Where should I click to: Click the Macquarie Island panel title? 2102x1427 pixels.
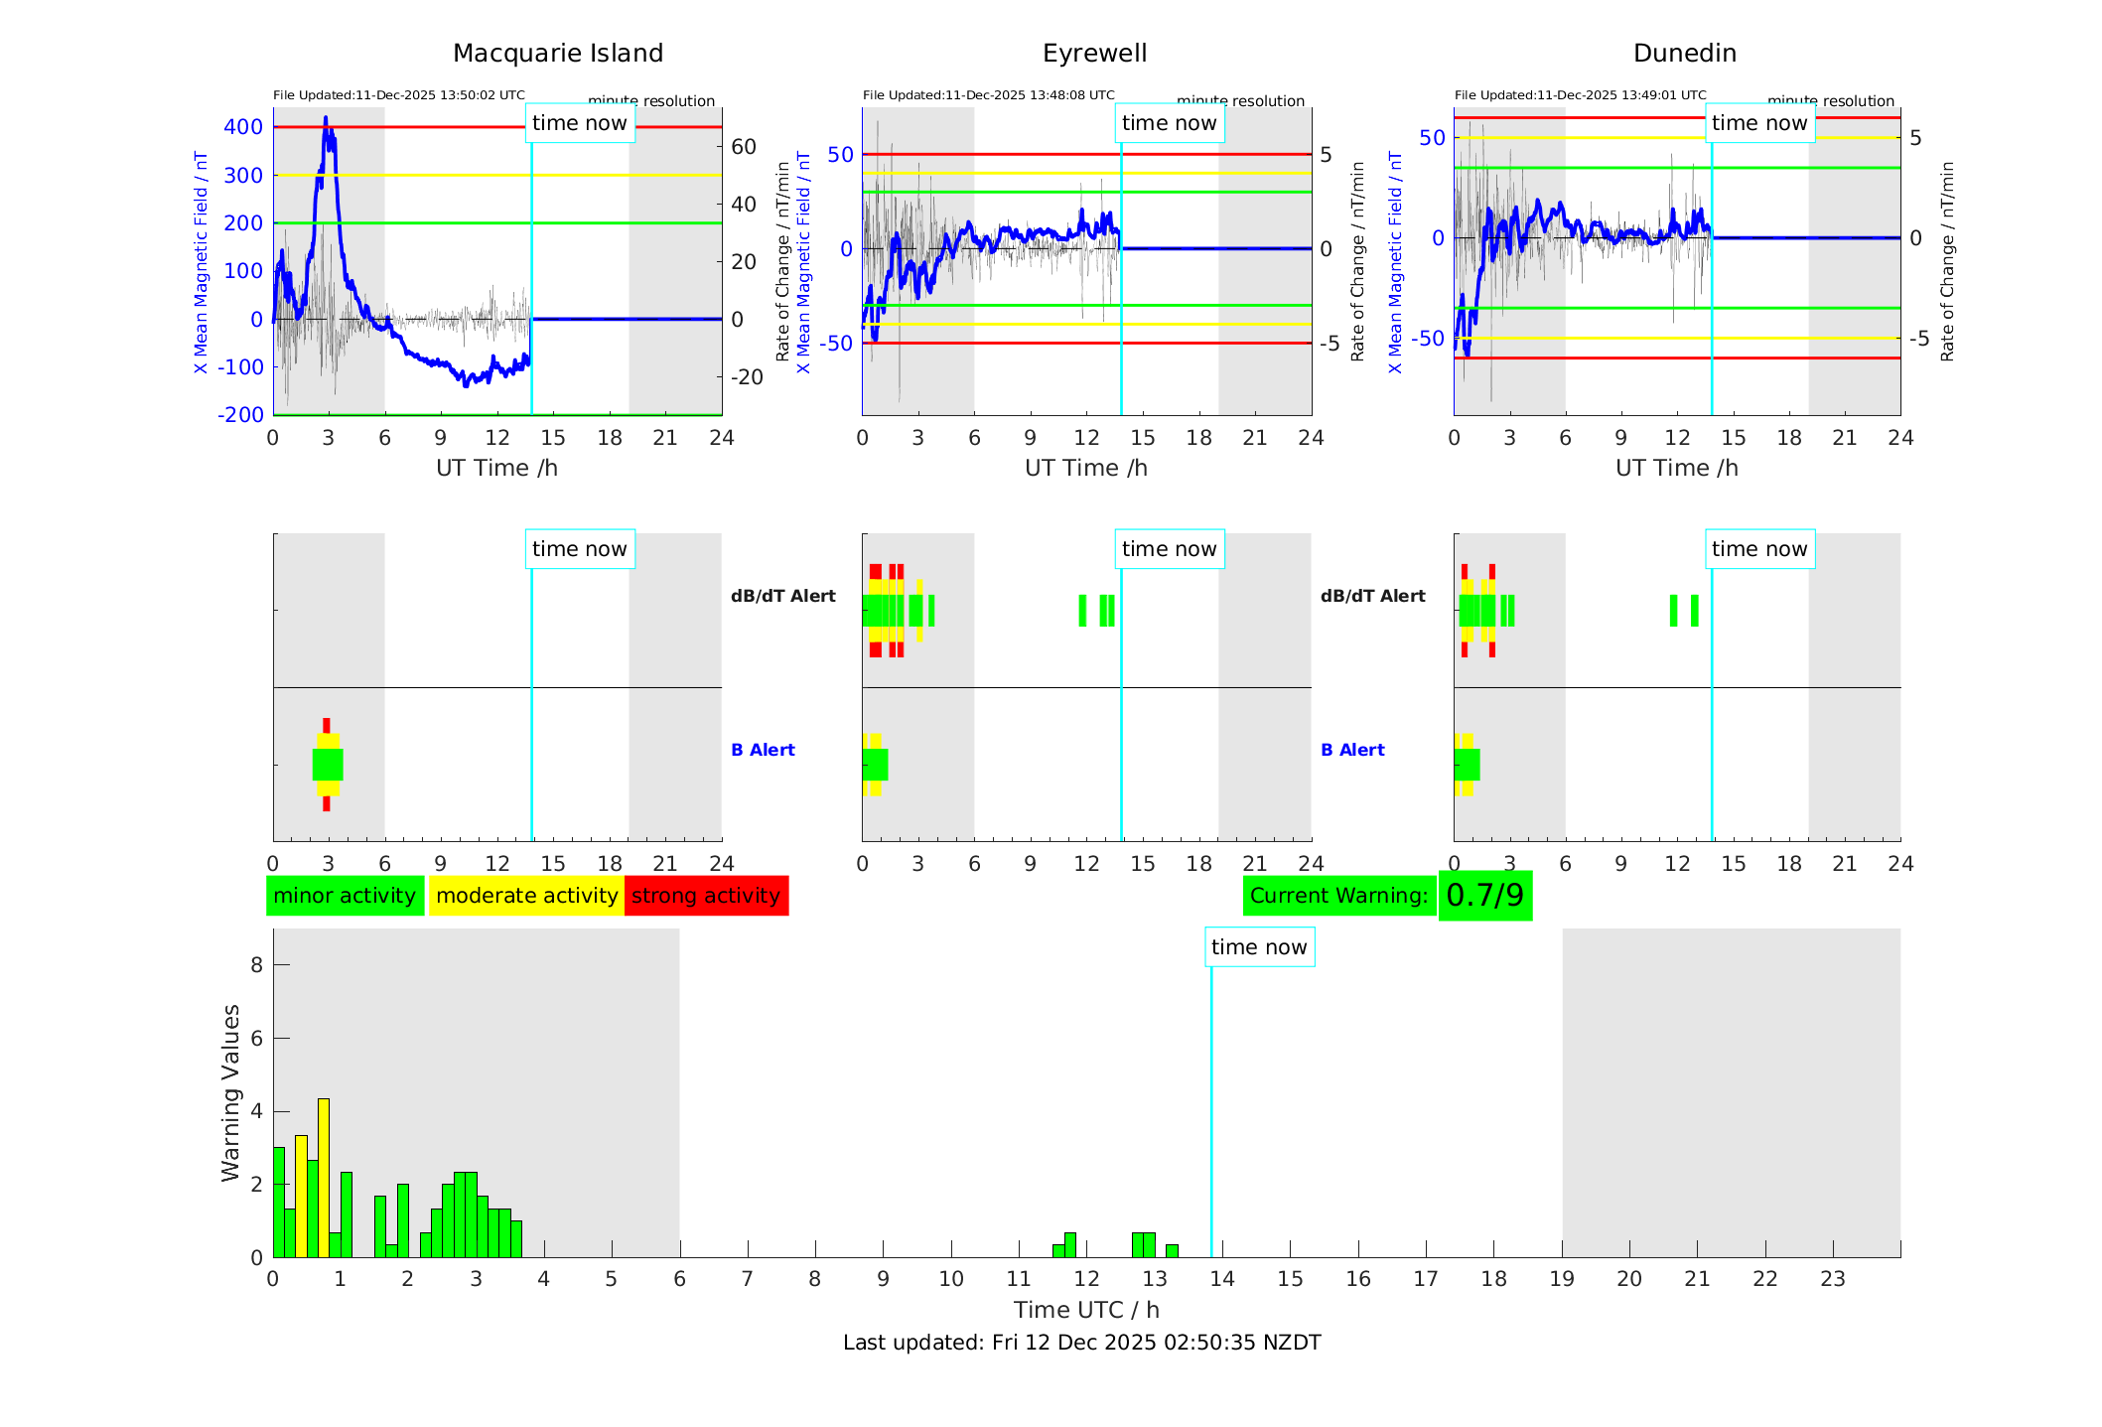point(558,54)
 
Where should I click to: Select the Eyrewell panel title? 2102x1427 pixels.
point(1094,54)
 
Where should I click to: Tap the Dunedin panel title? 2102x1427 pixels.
point(1684,54)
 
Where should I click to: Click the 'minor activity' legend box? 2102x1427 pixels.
point(345,896)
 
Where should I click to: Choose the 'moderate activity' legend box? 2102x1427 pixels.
point(526,896)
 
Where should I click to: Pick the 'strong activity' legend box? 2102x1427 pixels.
point(706,896)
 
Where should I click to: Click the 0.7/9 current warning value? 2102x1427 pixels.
point(1484,896)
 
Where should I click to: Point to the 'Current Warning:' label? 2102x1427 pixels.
point(1338,896)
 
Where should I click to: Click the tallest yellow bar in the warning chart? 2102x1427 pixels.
point(324,1177)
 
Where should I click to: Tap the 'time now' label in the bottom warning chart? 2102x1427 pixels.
point(1259,947)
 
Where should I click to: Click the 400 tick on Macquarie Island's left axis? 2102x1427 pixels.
point(243,127)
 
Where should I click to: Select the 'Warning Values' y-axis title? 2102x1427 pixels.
point(231,1092)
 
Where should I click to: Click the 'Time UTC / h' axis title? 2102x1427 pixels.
point(1086,1310)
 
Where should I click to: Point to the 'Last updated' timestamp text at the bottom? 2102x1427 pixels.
point(1081,1343)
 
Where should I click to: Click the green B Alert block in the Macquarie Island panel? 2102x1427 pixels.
point(328,765)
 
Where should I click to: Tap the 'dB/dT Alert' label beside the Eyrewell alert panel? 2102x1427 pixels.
point(783,596)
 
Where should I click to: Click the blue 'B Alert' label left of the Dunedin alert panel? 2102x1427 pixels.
point(1352,750)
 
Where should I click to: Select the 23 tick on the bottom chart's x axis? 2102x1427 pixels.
point(1832,1279)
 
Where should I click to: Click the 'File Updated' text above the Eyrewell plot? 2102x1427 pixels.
point(988,95)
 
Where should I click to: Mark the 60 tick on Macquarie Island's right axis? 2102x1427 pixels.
point(744,147)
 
